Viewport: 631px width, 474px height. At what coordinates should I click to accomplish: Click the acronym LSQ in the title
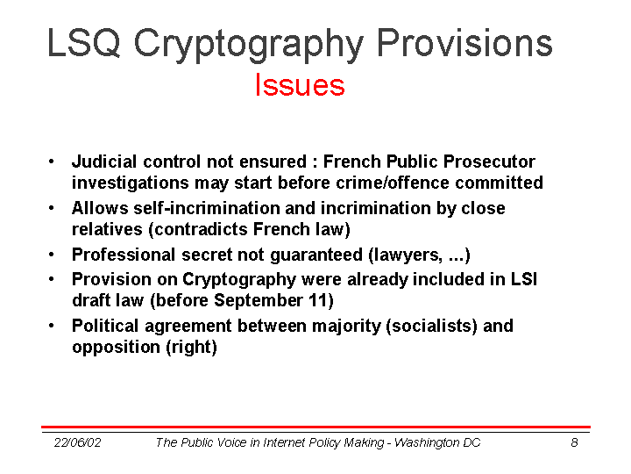point(84,43)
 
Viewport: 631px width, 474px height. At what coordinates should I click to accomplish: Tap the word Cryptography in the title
point(249,45)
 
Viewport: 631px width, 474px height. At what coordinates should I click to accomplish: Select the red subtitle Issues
point(300,84)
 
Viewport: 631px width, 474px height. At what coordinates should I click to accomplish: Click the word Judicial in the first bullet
point(104,162)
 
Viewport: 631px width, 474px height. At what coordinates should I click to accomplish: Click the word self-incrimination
point(206,208)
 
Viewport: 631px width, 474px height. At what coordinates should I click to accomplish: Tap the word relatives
point(107,229)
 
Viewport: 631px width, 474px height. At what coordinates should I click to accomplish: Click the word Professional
point(124,255)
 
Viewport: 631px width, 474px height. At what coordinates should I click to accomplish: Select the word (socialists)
point(431,326)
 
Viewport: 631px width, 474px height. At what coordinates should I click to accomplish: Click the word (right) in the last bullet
point(192,347)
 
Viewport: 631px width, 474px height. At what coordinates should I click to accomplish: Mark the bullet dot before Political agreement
point(51,326)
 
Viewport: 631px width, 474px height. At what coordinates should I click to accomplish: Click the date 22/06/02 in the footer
point(78,442)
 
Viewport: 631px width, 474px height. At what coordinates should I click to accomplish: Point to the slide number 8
point(574,442)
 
